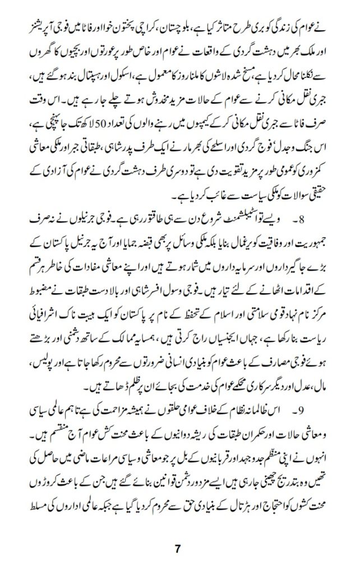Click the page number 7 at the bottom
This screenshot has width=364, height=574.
(x=178, y=549)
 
